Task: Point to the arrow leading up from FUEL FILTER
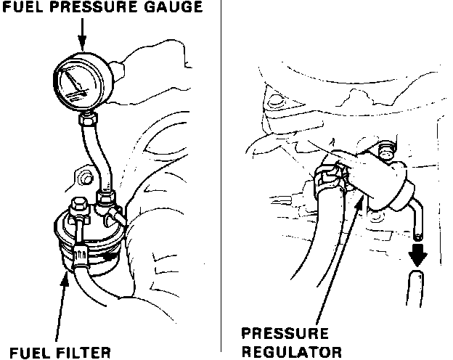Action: pos(65,306)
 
